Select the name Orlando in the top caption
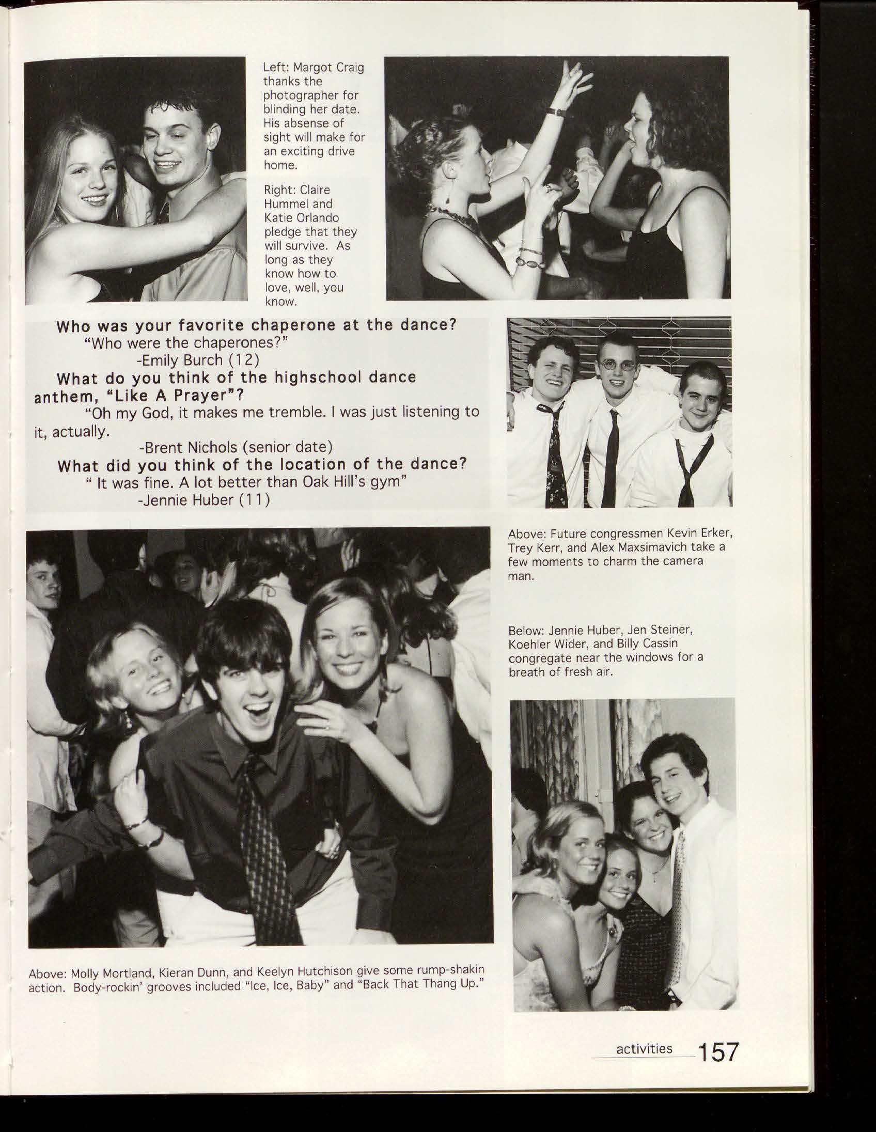pos(318,218)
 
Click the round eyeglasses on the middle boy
pos(617,366)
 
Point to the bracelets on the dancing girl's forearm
pos(530,257)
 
